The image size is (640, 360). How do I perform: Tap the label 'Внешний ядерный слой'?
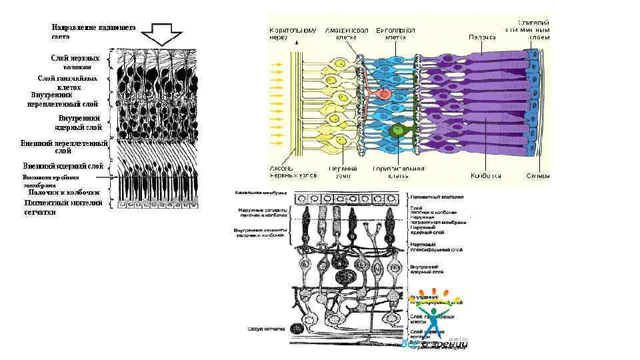[x=63, y=165]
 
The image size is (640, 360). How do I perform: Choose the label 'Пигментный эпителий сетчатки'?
[x=63, y=207]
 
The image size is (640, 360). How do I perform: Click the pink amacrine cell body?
[x=383, y=93]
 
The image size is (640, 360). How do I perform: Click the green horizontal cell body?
[x=399, y=130]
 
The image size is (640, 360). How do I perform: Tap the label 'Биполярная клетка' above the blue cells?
[x=396, y=34]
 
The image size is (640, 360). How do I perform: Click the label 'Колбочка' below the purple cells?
[x=486, y=177]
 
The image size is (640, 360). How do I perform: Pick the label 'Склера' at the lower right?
[x=537, y=177]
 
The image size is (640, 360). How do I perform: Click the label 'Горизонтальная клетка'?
[x=399, y=173]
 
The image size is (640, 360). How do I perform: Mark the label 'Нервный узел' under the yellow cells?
[x=341, y=173]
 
